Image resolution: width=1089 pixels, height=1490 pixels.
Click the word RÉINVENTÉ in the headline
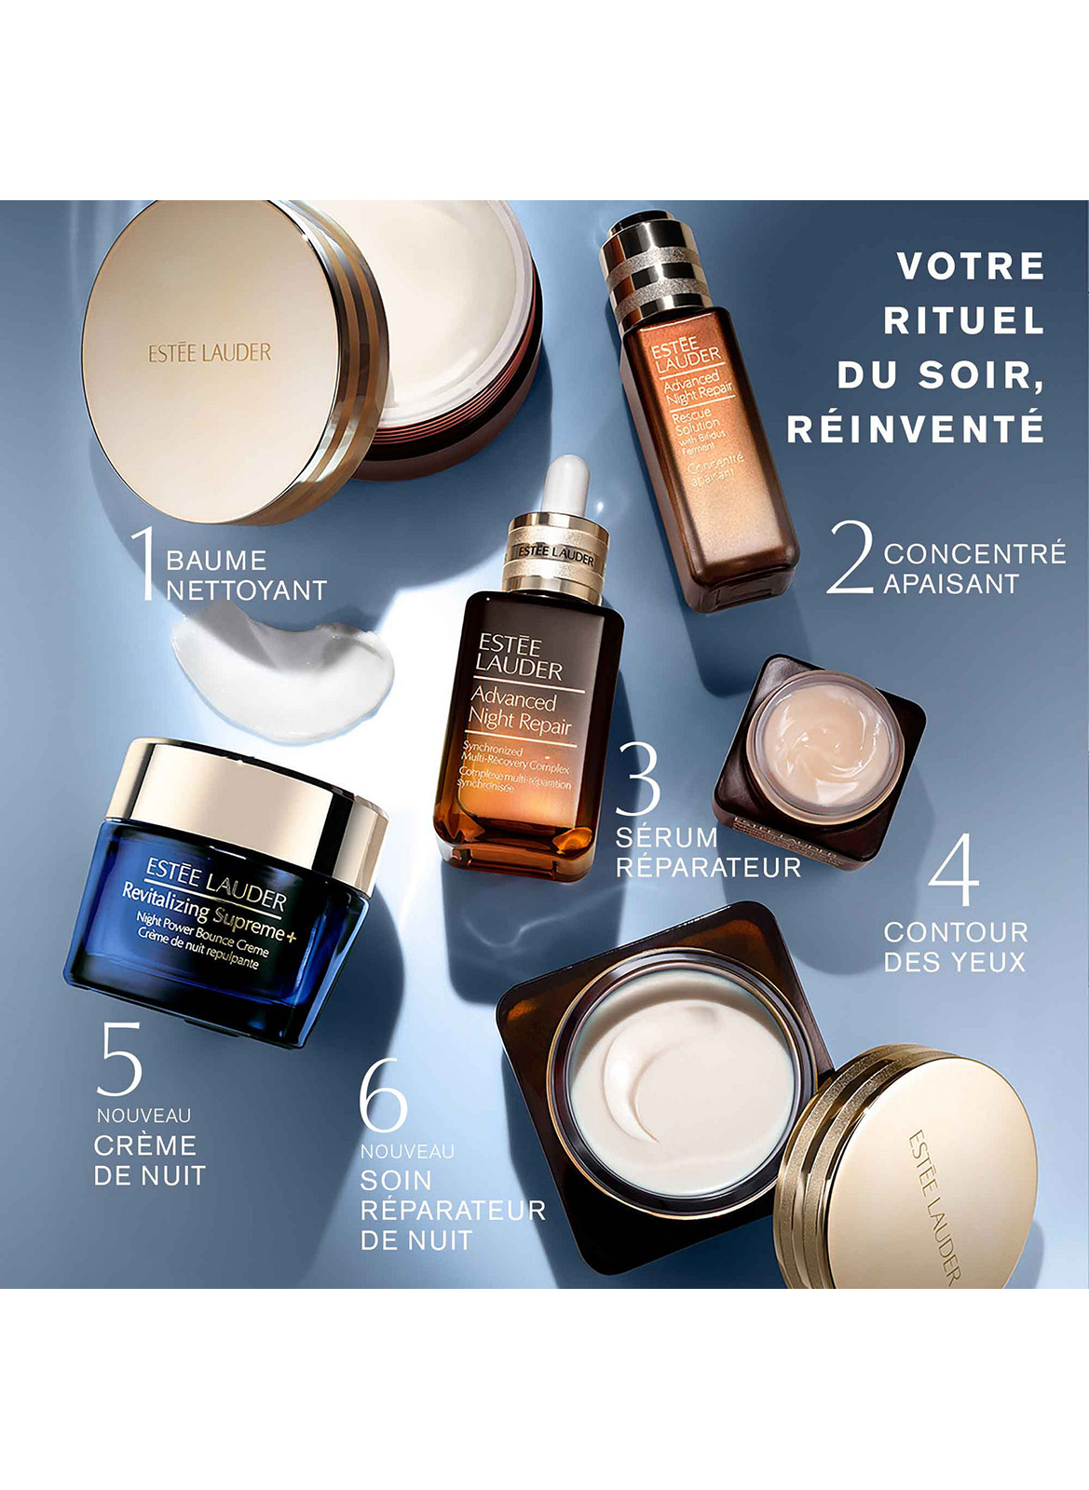[x=915, y=429]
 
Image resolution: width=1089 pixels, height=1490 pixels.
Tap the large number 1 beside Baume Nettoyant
[x=144, y=562]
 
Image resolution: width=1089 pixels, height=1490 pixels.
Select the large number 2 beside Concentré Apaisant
[x=850, y=557]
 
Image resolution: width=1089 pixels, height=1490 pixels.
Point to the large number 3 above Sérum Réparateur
[x=638, y=778]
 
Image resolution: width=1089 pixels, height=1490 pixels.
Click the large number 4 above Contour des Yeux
[x=954, y=870]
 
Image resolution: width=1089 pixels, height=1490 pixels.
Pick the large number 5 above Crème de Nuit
[x=120, y=1059]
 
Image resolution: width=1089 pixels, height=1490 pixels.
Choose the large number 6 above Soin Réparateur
[x=383, y=1095]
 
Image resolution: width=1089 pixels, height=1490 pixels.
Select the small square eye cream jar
[x=820, y=759]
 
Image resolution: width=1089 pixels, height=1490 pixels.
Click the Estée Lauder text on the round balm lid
[x=210, y=353]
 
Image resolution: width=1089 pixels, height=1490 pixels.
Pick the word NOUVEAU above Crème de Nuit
[x=143, y=1116]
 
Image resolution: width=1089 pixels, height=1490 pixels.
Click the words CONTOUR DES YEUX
[x=955, y=947]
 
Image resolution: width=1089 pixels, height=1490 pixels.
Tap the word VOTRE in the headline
[x=971, y=266]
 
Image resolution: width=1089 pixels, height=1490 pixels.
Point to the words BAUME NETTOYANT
[x=246, y=576]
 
